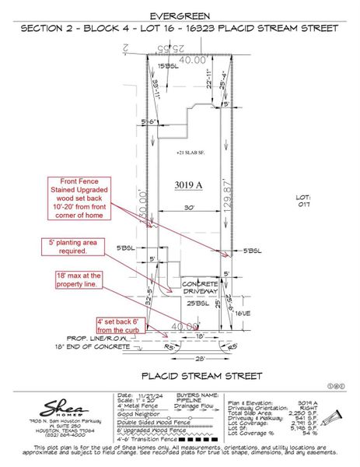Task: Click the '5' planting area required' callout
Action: pyautogui.click(x=72, y=247)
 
